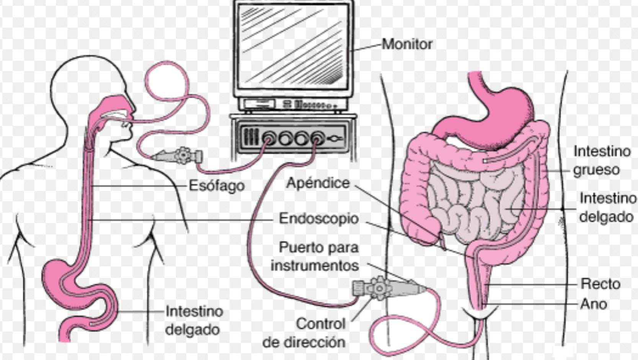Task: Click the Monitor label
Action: click(407, 44)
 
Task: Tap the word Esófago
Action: click(217, 186)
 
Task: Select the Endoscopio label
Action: click(319, 219)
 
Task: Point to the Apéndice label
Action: click(318, 183)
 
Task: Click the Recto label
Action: click(600, 284)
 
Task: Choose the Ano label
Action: click(594, 304)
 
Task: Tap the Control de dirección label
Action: click(304, 333)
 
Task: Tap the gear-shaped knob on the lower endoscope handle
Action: click(379, 288)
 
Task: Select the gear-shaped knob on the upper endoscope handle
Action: click(183, 155)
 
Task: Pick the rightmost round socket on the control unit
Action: click(317, 139)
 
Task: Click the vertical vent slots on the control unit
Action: click(251, 137)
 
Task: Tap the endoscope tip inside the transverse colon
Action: click(485, 161)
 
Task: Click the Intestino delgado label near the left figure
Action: click(194, 320)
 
